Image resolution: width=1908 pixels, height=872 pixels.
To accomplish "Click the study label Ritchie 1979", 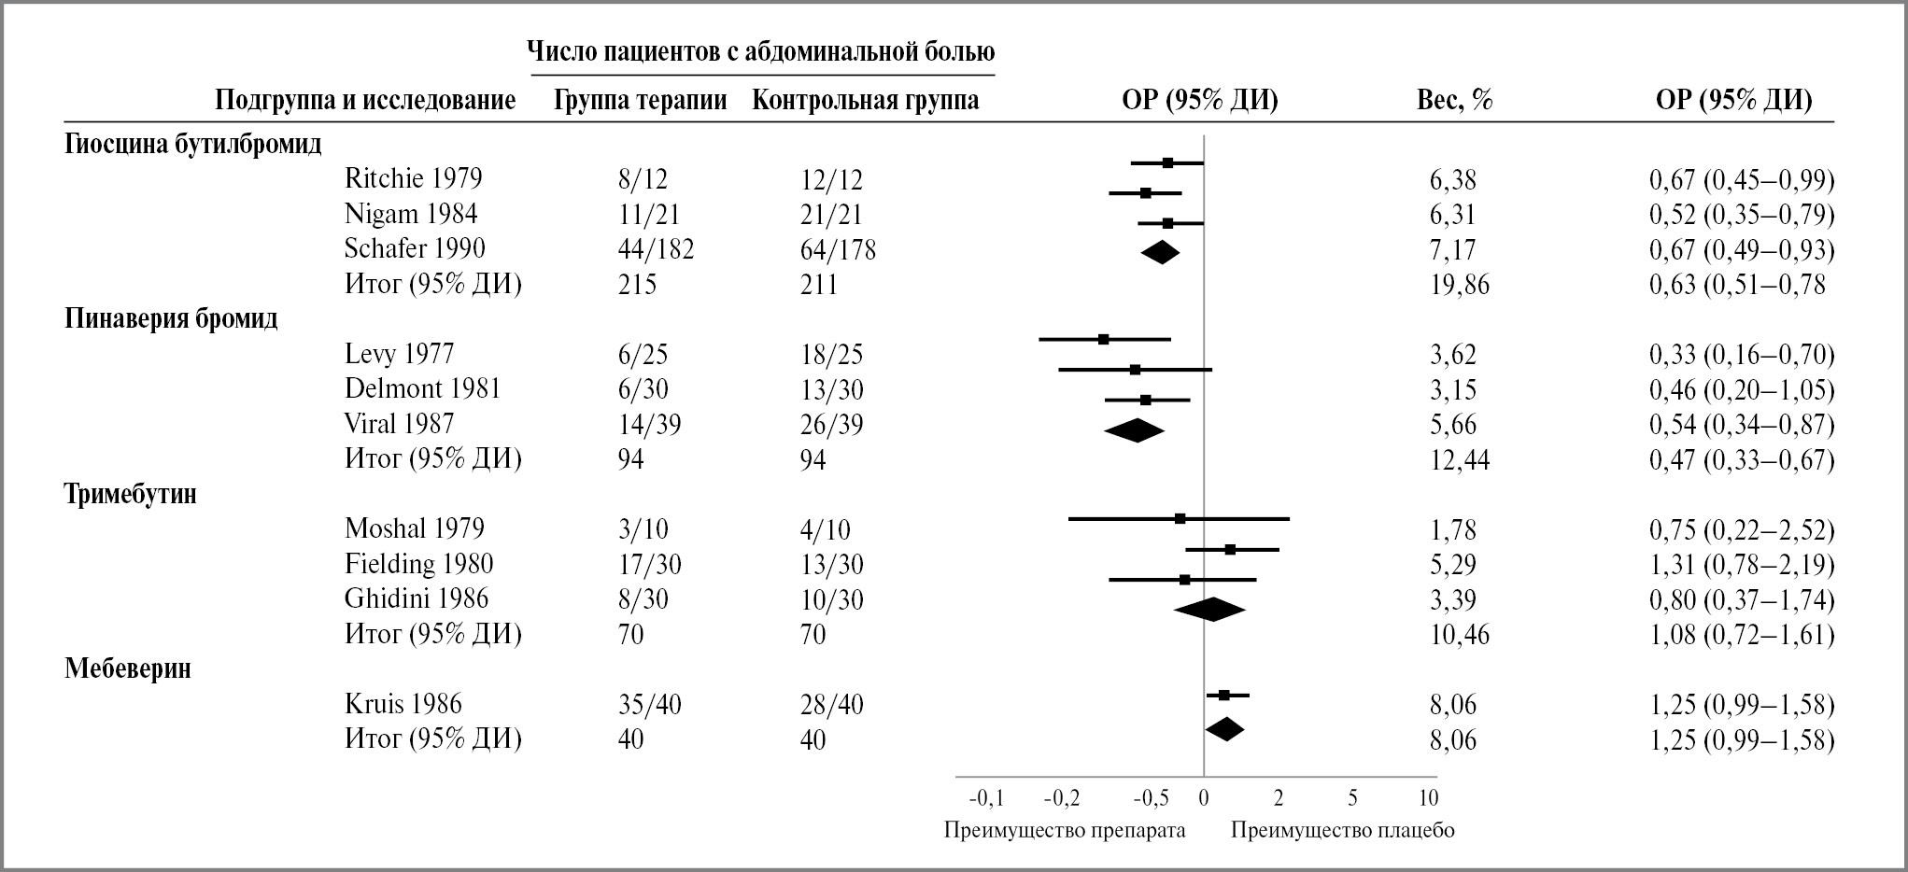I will pyautogui.click(x=413, y=178).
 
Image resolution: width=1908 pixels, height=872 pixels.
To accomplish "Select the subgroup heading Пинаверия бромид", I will pyautogui.click(x=171, y=319).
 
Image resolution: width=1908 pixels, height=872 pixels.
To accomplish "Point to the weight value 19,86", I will pyautogui.click(x=1459, y=284).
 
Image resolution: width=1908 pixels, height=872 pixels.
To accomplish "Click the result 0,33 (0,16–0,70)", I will pyautogui.click(x=1741, y=355).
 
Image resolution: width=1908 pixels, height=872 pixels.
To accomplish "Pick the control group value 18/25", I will pyautogui.click(x=831, y=355).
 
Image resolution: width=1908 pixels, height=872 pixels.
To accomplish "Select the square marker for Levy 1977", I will pyautogui.click(x=1103, y=339).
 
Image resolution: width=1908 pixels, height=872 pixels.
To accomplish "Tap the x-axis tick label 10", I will pyautogui.click(x=1428, y=798).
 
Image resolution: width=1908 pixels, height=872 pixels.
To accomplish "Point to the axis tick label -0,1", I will pyautogui.click(x=986, y=798).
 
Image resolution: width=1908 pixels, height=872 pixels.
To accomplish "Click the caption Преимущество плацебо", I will pyautogui.click(x=1342, y=830).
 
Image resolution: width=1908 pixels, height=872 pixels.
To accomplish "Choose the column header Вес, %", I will pyautogui.click(x=1454, y=100).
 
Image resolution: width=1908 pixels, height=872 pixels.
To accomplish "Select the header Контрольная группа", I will pyautogui.click(x=865, y=100).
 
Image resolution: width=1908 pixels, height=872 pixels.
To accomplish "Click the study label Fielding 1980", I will pyautogui.click(x=418, y=564).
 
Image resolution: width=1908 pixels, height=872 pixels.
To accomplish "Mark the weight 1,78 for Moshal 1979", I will pyautogui.click(x=1452, y=529).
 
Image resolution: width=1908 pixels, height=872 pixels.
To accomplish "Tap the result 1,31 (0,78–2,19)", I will pyautogui.click(x=1741, y=564).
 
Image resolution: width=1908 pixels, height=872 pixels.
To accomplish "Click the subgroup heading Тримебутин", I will pyautogui.click(x=131, y=494).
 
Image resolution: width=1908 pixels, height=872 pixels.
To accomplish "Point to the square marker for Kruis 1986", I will pyautogui.click(x=1224, y=695).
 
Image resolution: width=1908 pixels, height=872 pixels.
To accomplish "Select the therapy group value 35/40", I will pyautogui.click(x=649, y=704).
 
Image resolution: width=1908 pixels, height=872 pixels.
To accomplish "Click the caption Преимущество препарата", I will pyautogui.click(x=1065, y=830).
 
